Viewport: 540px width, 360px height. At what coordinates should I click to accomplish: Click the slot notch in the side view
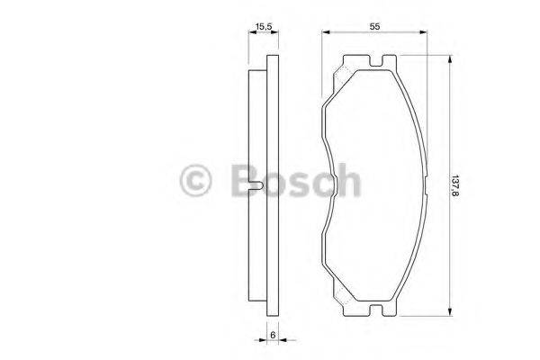[257, 186]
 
